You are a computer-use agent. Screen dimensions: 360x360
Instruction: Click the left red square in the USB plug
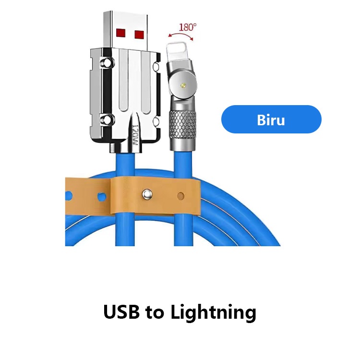(120, 33)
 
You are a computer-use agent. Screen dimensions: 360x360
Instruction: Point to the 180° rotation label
(187, 26)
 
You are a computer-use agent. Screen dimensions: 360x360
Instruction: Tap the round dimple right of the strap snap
(180, 195)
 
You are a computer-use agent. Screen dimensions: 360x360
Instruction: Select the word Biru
(271, 120)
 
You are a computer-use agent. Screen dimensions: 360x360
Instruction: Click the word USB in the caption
(122, 312)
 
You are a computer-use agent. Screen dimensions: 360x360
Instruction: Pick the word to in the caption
(155, 312)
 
